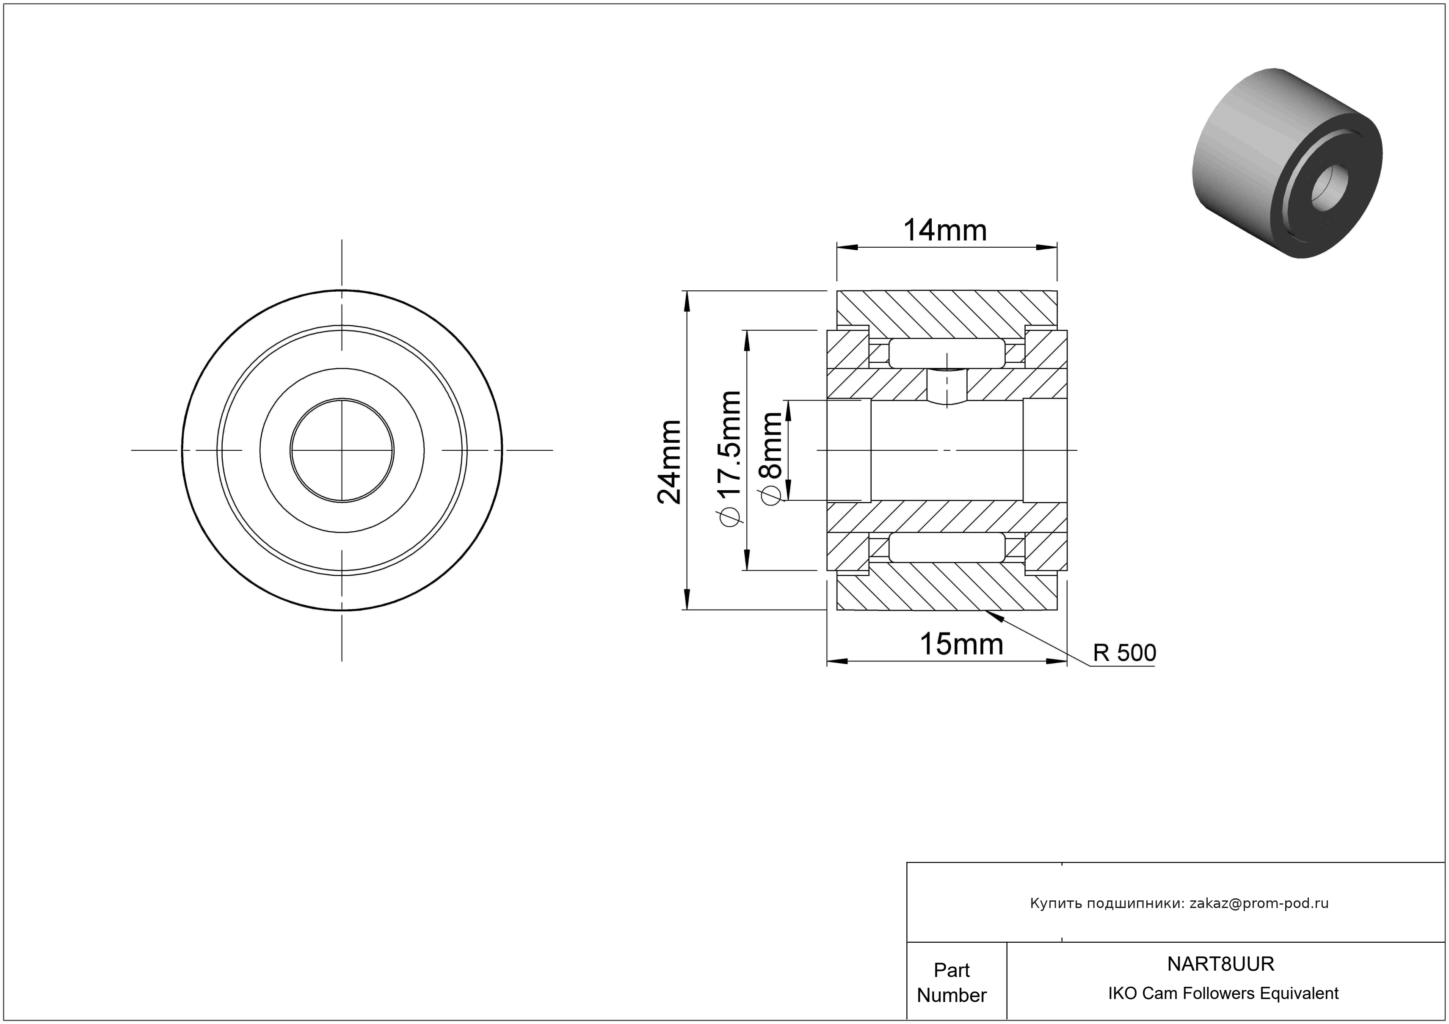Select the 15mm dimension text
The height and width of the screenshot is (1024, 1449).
point(961,644)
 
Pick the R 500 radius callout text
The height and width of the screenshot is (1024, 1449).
point(1125,653)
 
